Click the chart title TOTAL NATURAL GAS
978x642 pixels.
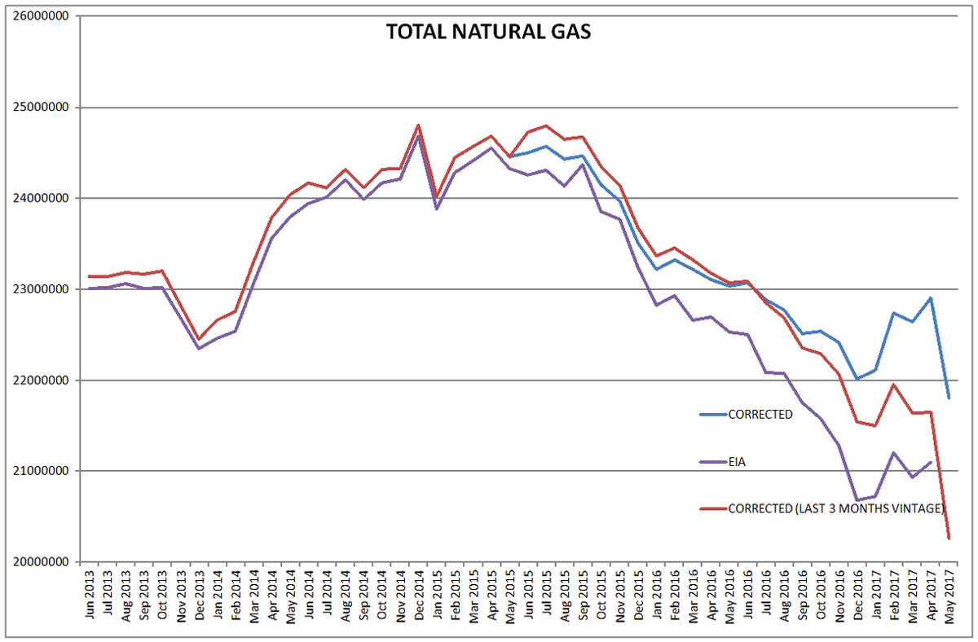tap(488, 33)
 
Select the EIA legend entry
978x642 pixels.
tap(737, 462)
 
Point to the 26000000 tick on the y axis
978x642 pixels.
tap(40, 16)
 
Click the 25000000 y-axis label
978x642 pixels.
tap(40, 108)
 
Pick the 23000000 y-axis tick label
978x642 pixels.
tap(40, 289)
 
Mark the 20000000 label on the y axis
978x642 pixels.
tap(40, 562)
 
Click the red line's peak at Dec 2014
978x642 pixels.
tap(418, 125)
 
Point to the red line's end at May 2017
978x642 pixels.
tap(949, 539)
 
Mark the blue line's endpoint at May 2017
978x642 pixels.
tap(949, 398)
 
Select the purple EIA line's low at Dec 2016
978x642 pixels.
tap(857, 500)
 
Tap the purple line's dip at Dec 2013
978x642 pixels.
tap(198, 349)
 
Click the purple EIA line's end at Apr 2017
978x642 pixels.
tap(930, 462)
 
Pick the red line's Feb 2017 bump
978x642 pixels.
tap(894, 385)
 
